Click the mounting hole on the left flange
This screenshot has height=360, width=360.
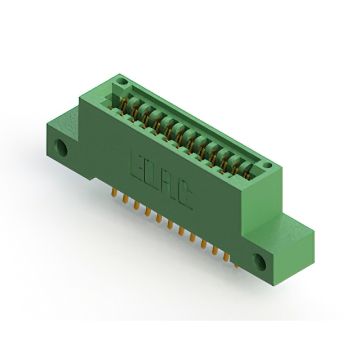[61, 147]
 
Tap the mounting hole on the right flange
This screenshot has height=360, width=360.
[259, 262]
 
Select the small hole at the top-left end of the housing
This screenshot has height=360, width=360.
[121, 81]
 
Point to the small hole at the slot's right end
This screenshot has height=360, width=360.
[267, 165]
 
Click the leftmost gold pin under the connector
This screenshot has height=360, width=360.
[114, 192]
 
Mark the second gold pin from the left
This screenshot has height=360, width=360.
[125, 199]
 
